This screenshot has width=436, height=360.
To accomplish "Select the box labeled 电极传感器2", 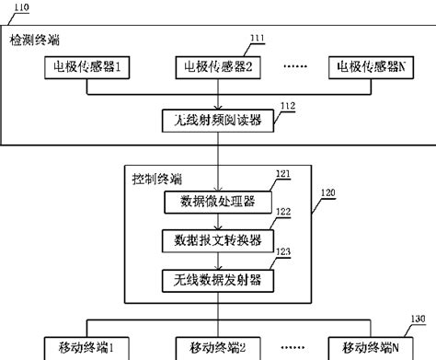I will [x=217, y=67].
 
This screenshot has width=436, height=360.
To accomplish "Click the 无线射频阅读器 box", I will [x=217, y=121].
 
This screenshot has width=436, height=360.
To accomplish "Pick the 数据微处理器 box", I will [x=217, y=200].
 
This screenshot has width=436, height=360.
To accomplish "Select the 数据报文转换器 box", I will [x=217, y=239].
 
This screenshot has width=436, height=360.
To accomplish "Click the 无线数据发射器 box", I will [x=217, y=279].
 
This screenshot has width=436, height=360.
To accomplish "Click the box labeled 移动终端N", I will [x=370, y=348].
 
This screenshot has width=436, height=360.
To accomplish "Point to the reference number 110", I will [x=17, y=7].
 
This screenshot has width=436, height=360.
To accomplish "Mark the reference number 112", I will [x=287, y=107].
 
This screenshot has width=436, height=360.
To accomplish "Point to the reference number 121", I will [x=283, y=172].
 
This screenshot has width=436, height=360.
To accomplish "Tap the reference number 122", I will [x=283, y=212].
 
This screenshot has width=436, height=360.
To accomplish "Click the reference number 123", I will [x=283, y=250].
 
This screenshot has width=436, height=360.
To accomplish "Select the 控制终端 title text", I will [x=152, y=177].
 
